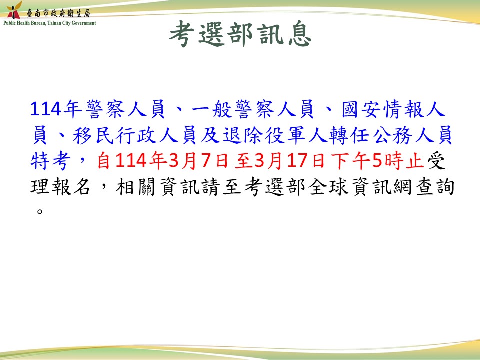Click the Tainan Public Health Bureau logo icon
click(x=14, y=10)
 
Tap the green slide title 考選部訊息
click(x=240, y=34)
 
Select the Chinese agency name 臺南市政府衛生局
click(x=58, y=13)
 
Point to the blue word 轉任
click(x=349, y=135)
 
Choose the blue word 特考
click(x=51, y=161)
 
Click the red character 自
click(x=104, y=161)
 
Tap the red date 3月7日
click(x=198, y=161)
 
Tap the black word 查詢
click(x=435, y=186)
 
